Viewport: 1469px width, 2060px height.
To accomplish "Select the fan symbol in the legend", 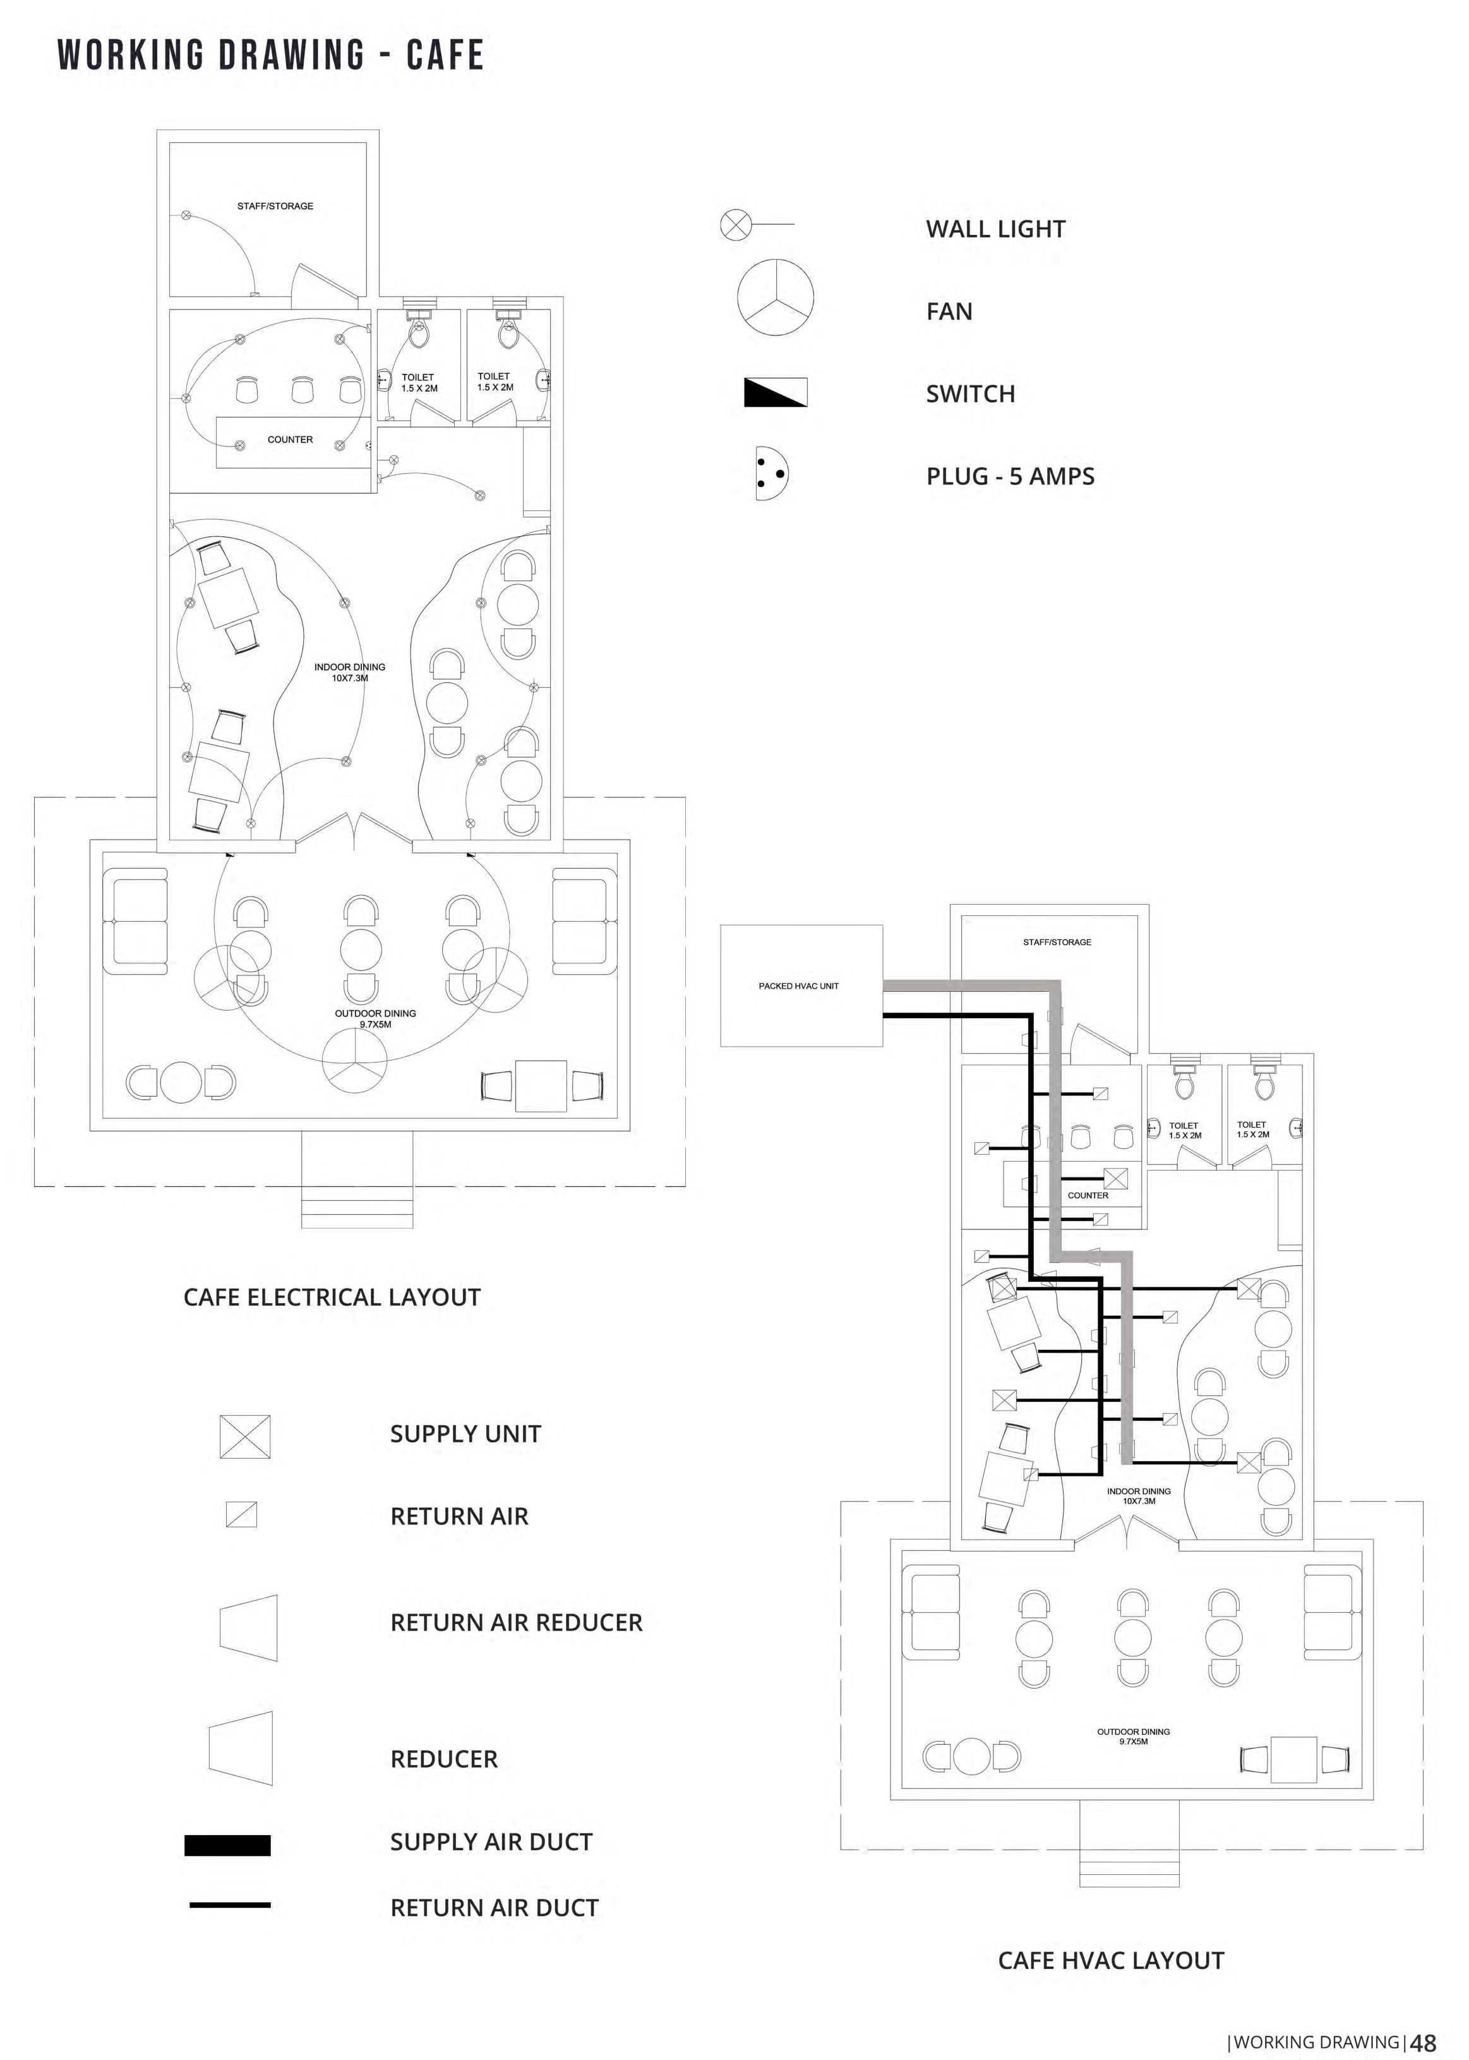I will (x=775, y=297).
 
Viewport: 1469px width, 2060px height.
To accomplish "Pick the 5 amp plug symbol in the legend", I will (x=770, y=473).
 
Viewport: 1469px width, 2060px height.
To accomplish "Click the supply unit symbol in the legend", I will (x=244, y=1436).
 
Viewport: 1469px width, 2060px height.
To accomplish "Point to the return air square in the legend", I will (x=241, y=1514).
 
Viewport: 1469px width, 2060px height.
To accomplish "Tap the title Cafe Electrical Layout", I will (x=332, y=1298).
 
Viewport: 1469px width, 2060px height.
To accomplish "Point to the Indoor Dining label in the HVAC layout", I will (x=1138, y=1495).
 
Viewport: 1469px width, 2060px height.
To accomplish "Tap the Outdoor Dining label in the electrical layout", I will (x=375, y=1019).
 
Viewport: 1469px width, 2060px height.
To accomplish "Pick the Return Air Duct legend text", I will (x=494, y=1907).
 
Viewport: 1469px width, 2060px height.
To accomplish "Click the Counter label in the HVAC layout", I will (x=1088, y=1195).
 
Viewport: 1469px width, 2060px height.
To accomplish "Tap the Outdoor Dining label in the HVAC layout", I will (x=1134, y=1736).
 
